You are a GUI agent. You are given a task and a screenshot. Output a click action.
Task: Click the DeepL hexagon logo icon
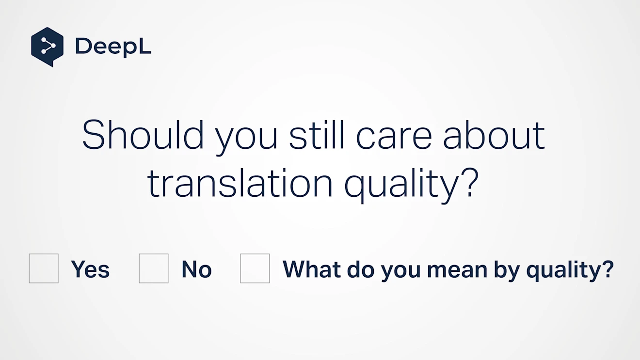tap(47, 47)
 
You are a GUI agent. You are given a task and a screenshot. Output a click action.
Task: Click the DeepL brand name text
tap(113, 47)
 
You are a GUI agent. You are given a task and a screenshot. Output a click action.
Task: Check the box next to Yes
tap(44, 268)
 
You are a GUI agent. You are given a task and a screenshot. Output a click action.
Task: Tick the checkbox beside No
tap(154, 268)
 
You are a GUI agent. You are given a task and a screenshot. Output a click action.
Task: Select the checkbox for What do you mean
tap(255, 268)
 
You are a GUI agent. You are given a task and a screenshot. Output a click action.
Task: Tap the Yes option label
tap(90, 269)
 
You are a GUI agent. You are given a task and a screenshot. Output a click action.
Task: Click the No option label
tap(196, 269)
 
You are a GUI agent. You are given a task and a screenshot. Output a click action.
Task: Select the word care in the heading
tap(394, 138)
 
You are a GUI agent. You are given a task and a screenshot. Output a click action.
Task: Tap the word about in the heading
tap(494, 135)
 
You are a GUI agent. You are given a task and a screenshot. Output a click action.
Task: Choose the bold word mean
tap(457, 271)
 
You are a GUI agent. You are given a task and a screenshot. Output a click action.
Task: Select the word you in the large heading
tap(246, 141)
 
